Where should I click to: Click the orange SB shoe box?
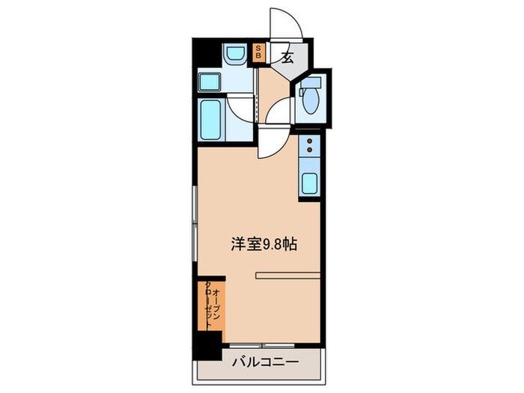[x=259, y=52]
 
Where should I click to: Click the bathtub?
[x=210, y=118]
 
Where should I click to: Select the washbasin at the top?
[x=234, y=55]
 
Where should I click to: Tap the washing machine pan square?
[x=209, y=82]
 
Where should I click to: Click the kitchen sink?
[x=309, y=182]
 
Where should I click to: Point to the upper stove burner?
[x=309, y=140]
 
